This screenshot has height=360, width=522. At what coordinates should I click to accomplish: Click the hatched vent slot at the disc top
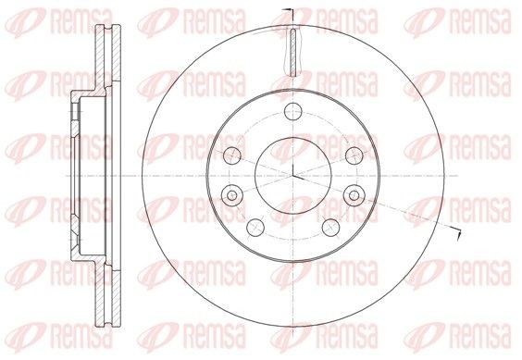(292, 51)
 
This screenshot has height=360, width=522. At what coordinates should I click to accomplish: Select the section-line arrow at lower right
(454, 228)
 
